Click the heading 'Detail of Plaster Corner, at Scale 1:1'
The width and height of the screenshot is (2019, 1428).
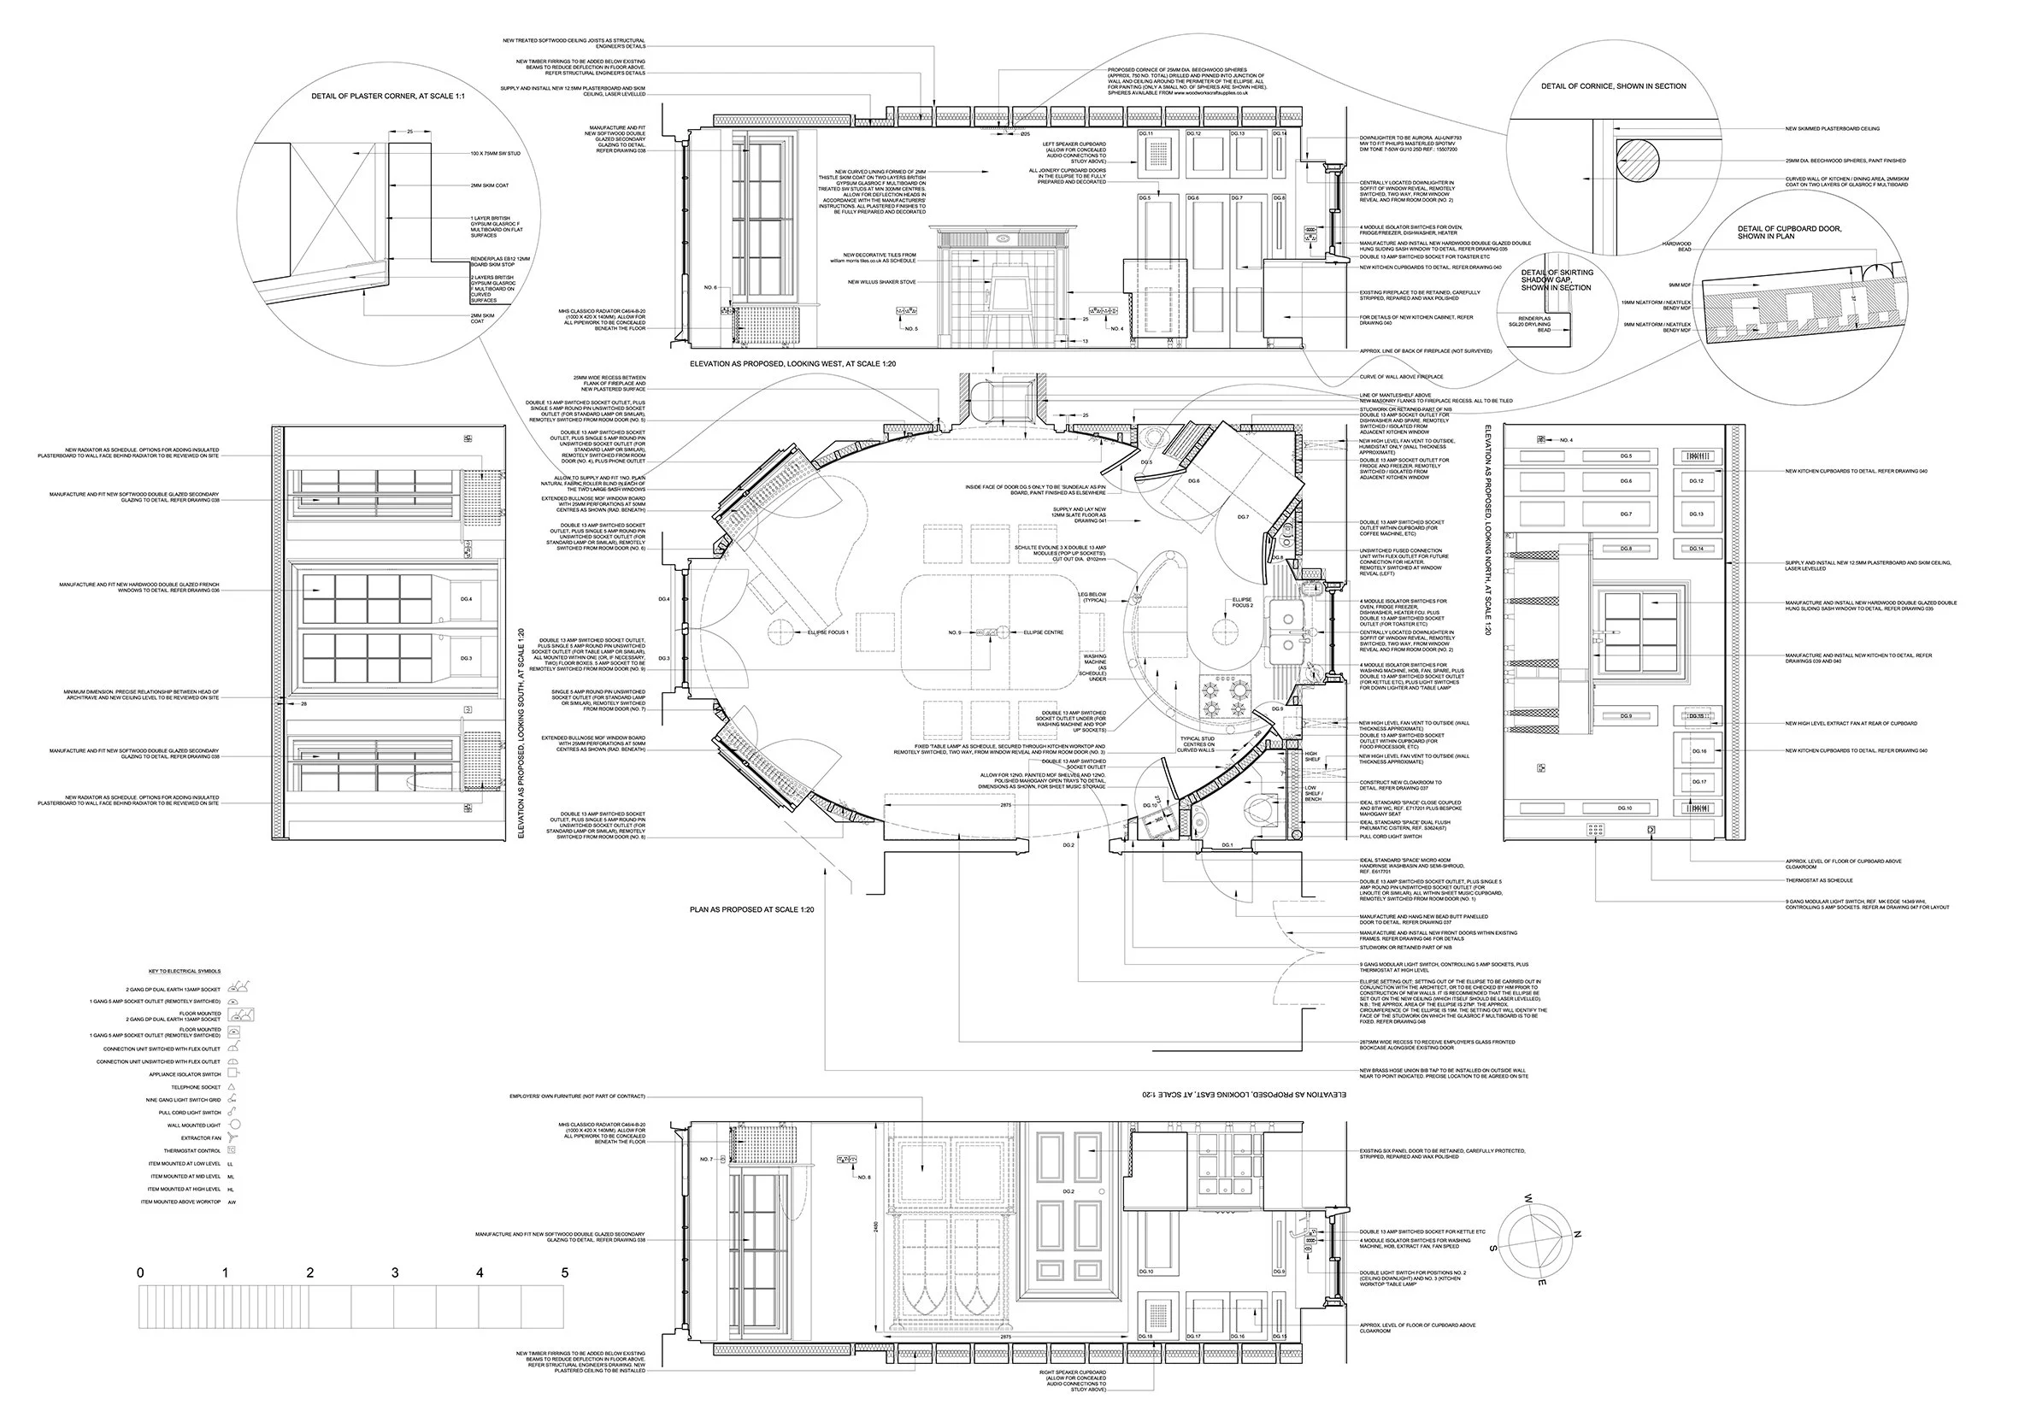[388, 96]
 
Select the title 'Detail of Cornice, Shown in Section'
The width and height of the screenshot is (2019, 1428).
[1614, 86]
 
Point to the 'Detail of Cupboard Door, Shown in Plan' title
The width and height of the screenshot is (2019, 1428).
[1788, 232]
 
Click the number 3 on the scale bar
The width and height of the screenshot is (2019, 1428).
[395, 1272]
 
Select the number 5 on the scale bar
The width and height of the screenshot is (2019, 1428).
[564, 1272]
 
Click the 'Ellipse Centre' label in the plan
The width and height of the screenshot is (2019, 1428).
[1043, 632]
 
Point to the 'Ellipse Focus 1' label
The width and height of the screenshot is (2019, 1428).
[829, 632]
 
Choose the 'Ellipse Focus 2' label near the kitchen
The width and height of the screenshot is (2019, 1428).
[1242, 602]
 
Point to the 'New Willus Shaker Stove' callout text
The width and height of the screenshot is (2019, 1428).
[881, 282]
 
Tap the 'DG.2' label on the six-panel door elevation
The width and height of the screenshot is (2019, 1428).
[1068, 1191]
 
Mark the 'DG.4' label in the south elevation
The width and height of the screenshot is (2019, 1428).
[466, 600]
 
